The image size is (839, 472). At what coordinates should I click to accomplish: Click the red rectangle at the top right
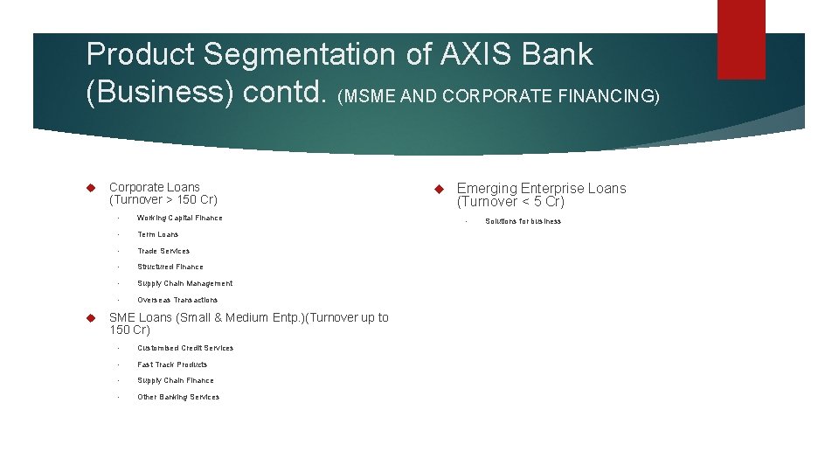[x=741, y=39]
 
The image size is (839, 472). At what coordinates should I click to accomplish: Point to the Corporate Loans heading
[x=155, y=187]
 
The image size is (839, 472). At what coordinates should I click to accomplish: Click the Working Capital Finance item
[x=179, y=218]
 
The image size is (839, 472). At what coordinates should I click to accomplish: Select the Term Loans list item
[x=157, y=234]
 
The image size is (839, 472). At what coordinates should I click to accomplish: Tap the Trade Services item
[x=163, y=251]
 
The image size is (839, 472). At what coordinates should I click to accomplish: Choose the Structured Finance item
[x=170, y=267]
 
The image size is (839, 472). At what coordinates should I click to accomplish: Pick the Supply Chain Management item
[x=184, y=283]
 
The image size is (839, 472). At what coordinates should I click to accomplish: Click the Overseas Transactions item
[x=177, y=300]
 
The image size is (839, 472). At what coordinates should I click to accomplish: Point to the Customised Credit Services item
[x=185, y=348]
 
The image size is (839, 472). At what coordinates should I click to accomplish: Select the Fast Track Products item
[x=172, y=364]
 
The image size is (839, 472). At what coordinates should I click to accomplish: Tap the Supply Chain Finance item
[x=175, y=380]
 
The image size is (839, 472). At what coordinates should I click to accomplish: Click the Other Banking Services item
[x=178, y=397]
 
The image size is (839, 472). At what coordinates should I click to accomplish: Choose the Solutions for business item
[x=523, y=221]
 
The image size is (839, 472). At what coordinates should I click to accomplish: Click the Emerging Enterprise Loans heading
[x=541, y=188]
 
